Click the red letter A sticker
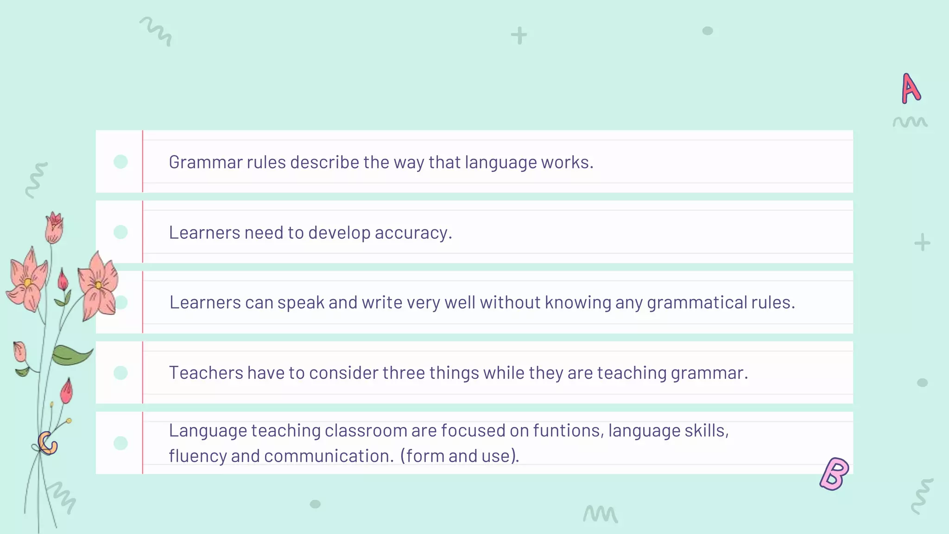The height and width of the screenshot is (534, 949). [x=911, y=88]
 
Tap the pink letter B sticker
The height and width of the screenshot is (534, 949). [x=834, y=474]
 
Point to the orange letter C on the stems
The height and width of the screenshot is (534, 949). [x=47, y=443]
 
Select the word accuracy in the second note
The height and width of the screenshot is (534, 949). [x=413, y=233]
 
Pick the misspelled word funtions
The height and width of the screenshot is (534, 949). [x=568, y=431]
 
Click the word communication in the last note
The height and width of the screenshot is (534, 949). [x=329, y=456]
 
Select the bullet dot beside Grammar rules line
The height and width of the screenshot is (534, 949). [x=120, y=162]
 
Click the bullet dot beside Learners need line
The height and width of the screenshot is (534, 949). [x=120, y=232]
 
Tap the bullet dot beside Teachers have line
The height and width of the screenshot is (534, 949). [x=120, y=373]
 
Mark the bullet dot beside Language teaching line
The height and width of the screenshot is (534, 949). [x=120, y=443]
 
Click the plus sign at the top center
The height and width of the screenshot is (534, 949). [x=519, y=36]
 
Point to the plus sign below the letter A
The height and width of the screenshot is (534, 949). [x=922, y=242]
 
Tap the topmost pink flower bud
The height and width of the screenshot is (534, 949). [x=54, y=227]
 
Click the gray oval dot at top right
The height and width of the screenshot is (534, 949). [x=708, y=31]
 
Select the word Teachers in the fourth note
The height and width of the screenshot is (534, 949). [x=206, y=373]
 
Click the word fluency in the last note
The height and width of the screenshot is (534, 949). [x=198, y=456]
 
